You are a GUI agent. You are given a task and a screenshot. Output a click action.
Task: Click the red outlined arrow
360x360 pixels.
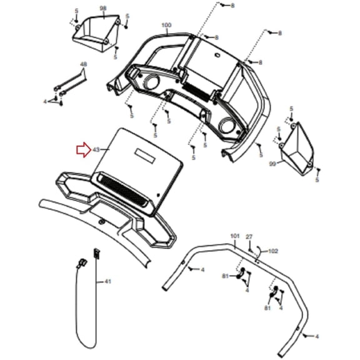pos(84,150)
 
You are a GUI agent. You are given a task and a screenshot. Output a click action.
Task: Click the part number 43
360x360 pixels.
pos(96,150)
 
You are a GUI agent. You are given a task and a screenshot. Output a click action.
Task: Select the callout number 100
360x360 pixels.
pos(166,25)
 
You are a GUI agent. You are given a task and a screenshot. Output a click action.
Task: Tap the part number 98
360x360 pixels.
pos(103,8)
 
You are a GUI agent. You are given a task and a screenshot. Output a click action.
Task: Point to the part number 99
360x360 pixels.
pos(272,164)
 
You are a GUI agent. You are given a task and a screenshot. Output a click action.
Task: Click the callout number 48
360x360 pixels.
pos(84,64)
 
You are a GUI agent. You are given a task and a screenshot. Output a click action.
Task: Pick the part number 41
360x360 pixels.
pos(107,281)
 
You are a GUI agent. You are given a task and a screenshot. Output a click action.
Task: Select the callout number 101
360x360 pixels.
pos(235,236)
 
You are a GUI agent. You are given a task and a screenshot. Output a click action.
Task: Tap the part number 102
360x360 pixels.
pos(273,251)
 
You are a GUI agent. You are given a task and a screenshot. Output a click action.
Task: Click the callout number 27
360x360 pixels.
pos(249,237)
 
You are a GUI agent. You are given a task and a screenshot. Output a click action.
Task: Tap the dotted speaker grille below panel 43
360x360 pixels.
pos(123,189)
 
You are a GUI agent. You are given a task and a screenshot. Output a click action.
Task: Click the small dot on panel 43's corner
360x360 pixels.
pos(158,195)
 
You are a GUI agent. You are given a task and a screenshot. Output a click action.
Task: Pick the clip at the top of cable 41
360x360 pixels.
pos(97,254)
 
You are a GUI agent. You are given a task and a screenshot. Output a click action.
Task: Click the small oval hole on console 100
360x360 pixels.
pos(217,55)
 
